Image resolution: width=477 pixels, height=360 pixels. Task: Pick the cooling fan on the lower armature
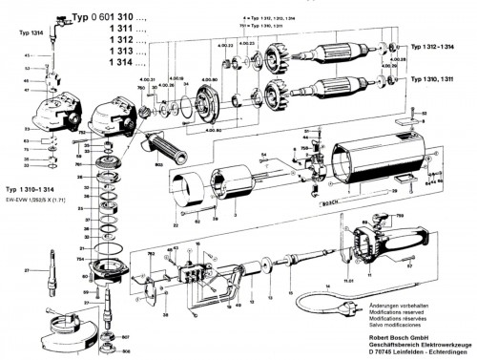[278, 95]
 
